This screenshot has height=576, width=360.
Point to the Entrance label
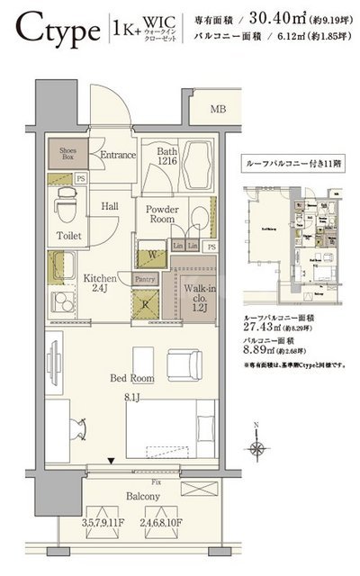click(118, 156)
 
